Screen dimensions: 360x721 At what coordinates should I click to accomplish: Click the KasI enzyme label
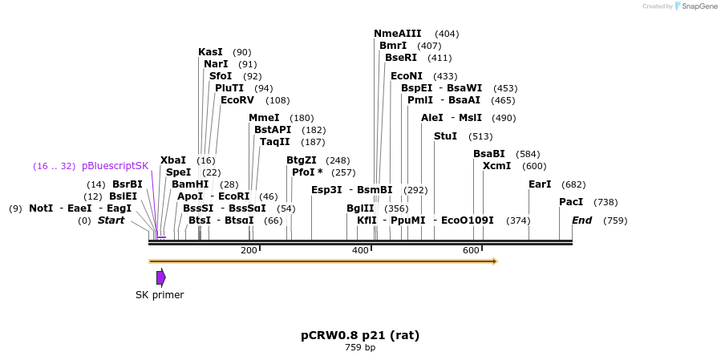click(x=210, y=52)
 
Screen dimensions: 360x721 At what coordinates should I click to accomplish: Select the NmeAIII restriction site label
click(x=397, y=34)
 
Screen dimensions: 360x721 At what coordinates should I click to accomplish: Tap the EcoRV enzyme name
click(x=237, y=100)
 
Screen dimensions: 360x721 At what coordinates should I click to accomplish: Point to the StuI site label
click(x=445, y=136)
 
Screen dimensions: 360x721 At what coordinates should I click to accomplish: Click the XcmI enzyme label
click(x=496, y=166)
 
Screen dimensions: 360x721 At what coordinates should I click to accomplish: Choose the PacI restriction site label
click(x=570, y=202)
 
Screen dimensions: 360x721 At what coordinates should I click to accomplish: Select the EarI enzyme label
click(x=540, y=184)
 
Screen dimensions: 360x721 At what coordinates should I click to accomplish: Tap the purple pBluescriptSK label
click(x=115, y=166)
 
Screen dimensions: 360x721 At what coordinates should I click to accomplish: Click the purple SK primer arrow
click(x=160, y=277)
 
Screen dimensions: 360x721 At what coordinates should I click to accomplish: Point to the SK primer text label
click(x=160, y=295)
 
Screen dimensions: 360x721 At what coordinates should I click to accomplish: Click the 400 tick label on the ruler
click(x=359, y=251)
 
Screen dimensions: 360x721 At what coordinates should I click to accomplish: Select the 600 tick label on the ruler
click(x=470, y=251)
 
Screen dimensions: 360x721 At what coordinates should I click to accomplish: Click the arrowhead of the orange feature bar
click(x=494, y=261)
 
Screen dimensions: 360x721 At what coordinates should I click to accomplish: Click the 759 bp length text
click(x=360, y=348)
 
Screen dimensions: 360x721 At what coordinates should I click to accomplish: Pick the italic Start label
click(x=111, y=220)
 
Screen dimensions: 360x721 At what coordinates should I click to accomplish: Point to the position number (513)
click(x=480, y=136)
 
